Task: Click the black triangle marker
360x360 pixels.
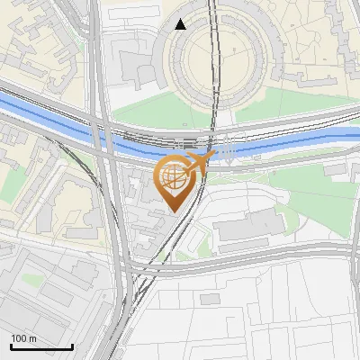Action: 181,24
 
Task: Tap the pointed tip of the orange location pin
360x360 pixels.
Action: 172,211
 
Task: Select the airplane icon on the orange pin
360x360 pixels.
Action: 199,162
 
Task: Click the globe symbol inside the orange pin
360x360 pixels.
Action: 172,177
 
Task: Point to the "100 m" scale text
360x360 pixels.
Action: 24,338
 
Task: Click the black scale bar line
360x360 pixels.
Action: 41,346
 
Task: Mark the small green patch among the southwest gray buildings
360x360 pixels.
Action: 32,281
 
